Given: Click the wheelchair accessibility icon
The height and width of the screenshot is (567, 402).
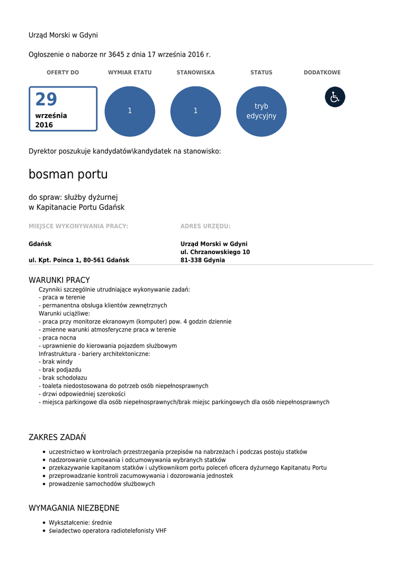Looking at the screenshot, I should [335, 97].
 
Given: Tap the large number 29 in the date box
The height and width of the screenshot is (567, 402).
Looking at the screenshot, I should [46, 100].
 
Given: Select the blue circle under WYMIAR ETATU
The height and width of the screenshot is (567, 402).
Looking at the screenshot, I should [130, 111].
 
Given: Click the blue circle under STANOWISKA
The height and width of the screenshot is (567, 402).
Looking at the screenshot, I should [196, 111].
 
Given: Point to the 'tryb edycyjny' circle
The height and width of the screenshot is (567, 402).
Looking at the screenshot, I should [261, 111].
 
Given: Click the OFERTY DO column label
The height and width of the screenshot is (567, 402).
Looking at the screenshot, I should [63, 73].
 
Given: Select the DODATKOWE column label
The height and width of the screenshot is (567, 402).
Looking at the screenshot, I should [322, 73].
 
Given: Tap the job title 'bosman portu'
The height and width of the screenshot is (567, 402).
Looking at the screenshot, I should [68, 174].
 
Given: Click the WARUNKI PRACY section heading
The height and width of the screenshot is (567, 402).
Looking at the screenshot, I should [59, 280].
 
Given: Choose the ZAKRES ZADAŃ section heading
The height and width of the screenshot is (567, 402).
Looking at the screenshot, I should [57, 437].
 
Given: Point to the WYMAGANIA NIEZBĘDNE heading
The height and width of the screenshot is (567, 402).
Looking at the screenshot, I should [74, 508].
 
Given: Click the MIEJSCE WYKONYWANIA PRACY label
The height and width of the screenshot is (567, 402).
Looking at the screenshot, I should [78, 226].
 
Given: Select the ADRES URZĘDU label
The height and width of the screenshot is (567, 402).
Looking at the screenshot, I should [205, 226].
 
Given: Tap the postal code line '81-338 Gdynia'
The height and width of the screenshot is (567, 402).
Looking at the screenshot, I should [202, 260].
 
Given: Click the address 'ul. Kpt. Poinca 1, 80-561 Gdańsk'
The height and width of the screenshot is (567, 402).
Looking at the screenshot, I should [79, 260].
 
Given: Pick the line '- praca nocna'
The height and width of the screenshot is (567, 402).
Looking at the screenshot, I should [58, 338].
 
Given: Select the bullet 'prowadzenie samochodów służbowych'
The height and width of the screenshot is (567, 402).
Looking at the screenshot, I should [102, 484].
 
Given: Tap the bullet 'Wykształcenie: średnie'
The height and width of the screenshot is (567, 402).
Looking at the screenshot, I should [80, 522].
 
